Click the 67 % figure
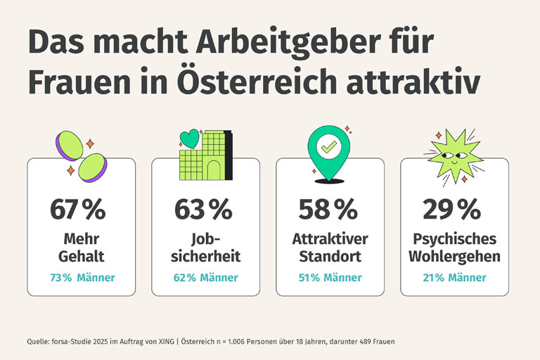click(x=77, y=210)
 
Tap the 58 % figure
click(x=328, y=210)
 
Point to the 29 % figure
click(x=451, y=210)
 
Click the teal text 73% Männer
click(x=82, y=278)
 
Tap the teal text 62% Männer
click(x=205, y=278)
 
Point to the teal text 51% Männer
click(x=330, y=278)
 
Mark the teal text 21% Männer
click(x=454, y=278)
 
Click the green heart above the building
click(x=190, y=138)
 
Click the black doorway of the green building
click(x=213, y=169)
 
